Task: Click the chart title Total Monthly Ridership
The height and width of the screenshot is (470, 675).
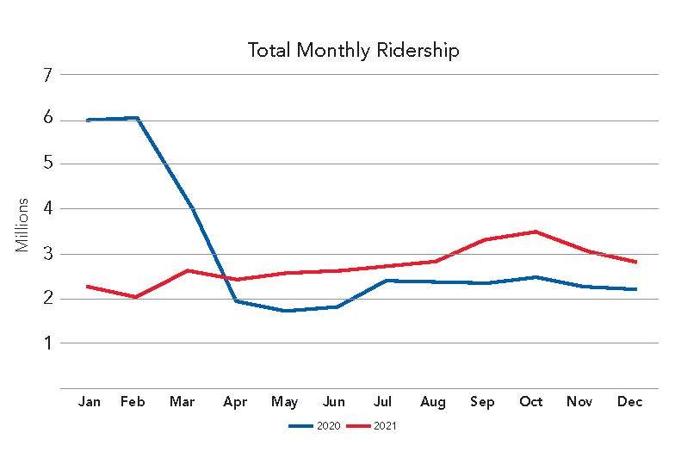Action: coord(353,50)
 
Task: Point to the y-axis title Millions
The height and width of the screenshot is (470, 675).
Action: coord(22,226)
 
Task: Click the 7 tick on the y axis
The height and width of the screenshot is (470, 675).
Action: coord(47,75)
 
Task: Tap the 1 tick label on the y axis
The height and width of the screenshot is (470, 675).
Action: coord(47,343)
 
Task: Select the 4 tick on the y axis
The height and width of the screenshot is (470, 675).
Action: coord(47,208)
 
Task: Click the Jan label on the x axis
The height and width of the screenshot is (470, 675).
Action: coord(89,402)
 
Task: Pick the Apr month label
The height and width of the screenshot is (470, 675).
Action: coord(235,402)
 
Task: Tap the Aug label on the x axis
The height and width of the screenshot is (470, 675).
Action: coord(433,402)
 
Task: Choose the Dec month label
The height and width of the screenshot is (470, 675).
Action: coord(629,402)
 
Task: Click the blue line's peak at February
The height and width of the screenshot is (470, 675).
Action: coord(137,118)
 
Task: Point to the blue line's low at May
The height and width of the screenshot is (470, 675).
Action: coord(284,311)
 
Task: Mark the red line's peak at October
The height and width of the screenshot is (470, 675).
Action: coord(536,232)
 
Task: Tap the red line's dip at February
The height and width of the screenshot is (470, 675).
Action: coord(137,297)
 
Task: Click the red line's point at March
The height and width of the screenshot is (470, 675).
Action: coord(186,270)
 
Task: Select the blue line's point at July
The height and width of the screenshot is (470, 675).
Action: coord(384,281)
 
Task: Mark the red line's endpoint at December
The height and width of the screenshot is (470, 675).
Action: coord(635,262)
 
